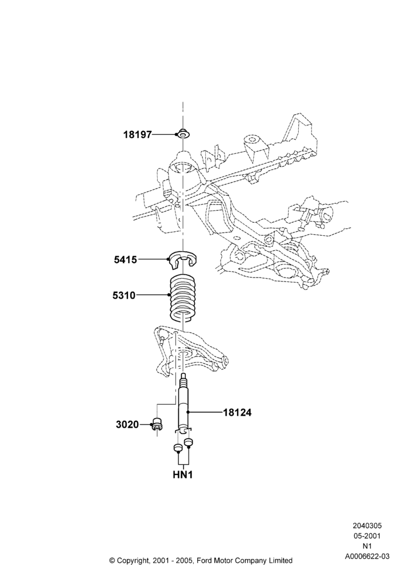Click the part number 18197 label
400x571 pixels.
(x=137, y=135)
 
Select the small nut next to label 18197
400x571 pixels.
(x=184, y=134)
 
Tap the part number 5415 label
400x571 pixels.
(x=125, y=260)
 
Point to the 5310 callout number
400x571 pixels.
(x=124, y=295)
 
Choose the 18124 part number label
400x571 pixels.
(x=237, y=413)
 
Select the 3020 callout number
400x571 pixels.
(x=127, y=424)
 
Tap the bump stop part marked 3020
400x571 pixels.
(x=157, y=424)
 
